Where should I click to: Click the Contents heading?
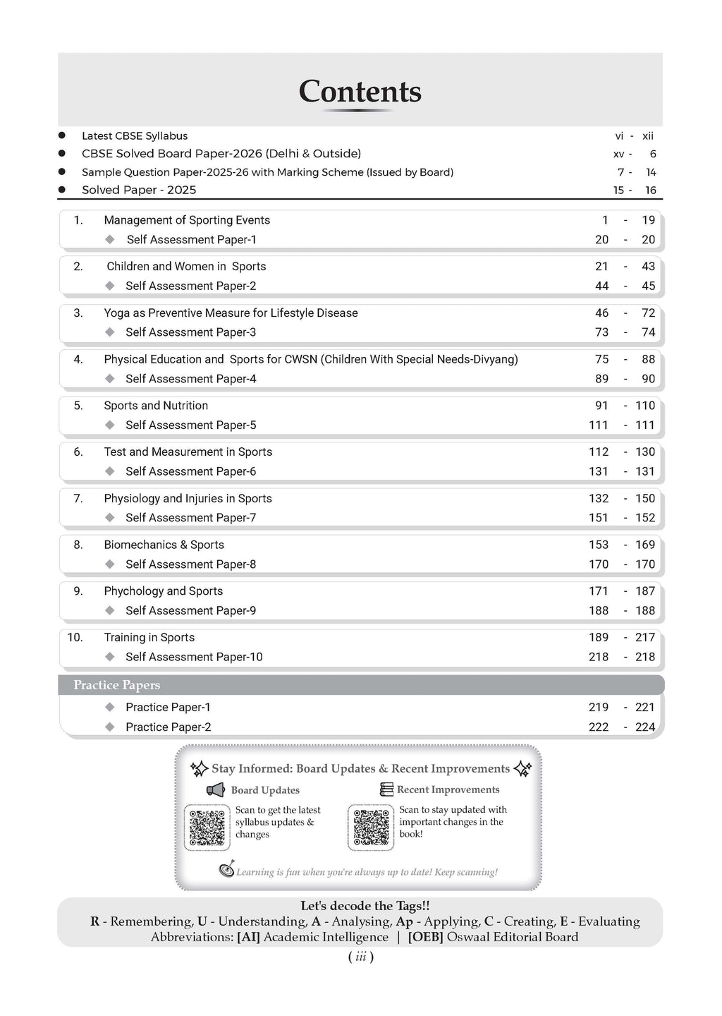tap(360, 92)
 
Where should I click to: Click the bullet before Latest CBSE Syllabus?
tap(62, 135)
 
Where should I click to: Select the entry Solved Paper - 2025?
tap(139, 190)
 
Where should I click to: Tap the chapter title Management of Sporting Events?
tap(187, 220)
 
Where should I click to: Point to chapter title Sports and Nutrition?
tap(156, 406)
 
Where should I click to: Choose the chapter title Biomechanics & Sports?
tap(164, 545)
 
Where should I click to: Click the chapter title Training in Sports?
tap(149, 637)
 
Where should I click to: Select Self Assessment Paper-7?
tap(190, 518)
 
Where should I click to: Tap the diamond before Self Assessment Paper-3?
tap(109, 332)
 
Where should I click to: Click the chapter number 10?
tap(75, 637)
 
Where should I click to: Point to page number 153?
tap(598, 545)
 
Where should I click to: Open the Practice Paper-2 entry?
tap(168, 727)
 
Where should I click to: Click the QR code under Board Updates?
tap(207, 827)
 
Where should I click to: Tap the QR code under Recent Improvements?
tap(371, 827)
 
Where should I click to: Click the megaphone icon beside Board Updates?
tap(215, 790)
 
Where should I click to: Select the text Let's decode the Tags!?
tap(365, 906)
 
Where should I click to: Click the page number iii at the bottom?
tap(360, 957)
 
